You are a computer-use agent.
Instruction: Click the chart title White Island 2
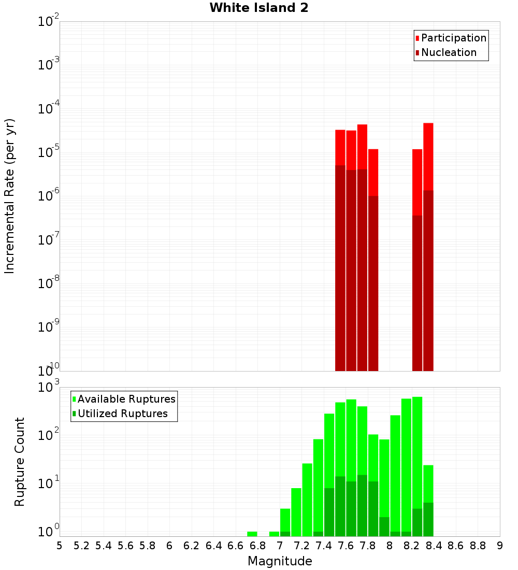tap(258, 8)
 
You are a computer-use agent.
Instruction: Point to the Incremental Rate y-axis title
tap(10, 196)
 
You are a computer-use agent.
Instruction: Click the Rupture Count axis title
tap(20, 462)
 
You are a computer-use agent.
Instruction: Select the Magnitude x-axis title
tap(280, 561)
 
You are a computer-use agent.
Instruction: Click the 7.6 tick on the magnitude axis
tap(346, 546)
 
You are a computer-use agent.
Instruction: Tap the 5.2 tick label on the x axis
tap(81, 546)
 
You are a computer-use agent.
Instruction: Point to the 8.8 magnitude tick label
tap(478, 546)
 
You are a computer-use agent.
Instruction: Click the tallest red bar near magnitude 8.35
tap(428, 155)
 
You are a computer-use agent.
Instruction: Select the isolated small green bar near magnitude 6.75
tap(252, 534)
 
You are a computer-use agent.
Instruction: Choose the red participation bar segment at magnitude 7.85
tap(373, 172)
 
